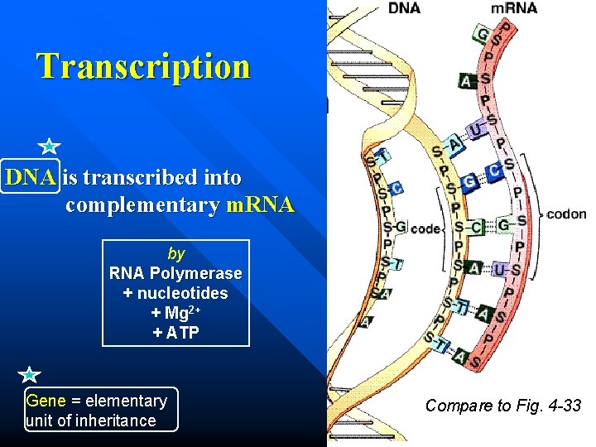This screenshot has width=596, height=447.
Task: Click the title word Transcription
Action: [142, 66]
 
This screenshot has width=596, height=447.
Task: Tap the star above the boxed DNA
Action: [49, 147]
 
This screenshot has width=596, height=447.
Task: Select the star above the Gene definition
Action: [29, 376]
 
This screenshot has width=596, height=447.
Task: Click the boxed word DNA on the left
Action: [30, 177]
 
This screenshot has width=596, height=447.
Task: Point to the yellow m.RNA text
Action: [259, 204]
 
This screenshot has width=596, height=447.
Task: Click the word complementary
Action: [142, 204]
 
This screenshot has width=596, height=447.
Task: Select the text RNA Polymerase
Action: [175, 273]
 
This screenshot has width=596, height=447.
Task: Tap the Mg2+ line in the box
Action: [175, 313]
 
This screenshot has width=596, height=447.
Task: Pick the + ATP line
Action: [175, 333]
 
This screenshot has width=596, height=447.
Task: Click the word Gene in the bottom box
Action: [46, 401]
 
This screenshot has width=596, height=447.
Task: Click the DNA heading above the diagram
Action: [404, 8]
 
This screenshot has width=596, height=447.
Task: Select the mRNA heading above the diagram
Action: [514, 8]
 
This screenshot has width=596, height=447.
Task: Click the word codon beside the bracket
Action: [567, 214]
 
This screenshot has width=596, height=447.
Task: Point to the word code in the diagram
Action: [425, 228]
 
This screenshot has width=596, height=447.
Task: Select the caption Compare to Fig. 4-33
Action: [503, 406]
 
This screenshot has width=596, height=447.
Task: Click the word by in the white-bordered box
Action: [175, 253]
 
